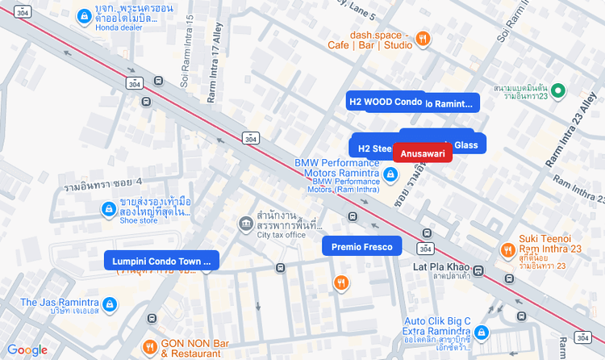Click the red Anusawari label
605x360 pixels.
(x=423, y=153)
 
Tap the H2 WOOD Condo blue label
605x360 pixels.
(x=386, y=102)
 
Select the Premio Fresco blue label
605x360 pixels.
(x=361, y=246)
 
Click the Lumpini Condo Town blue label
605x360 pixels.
(x=161, y=260)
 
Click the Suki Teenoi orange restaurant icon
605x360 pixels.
(x=507, y=250)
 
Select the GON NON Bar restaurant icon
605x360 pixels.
(x=149, y=347)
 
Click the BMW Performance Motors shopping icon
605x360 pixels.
(x=390, y=174)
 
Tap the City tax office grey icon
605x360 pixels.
(x=245, y=223)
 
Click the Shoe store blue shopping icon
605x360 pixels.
(x=108, y=210)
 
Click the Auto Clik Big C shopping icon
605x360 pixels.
(x=481, y=332)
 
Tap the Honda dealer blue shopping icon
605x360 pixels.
(x=83, y=16)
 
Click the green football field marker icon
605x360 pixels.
(x=557, y=90)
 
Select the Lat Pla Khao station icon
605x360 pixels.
(x=478, y=270)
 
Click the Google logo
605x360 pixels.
(x=27, y=350)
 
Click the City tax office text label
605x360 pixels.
(x=281, y=235)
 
